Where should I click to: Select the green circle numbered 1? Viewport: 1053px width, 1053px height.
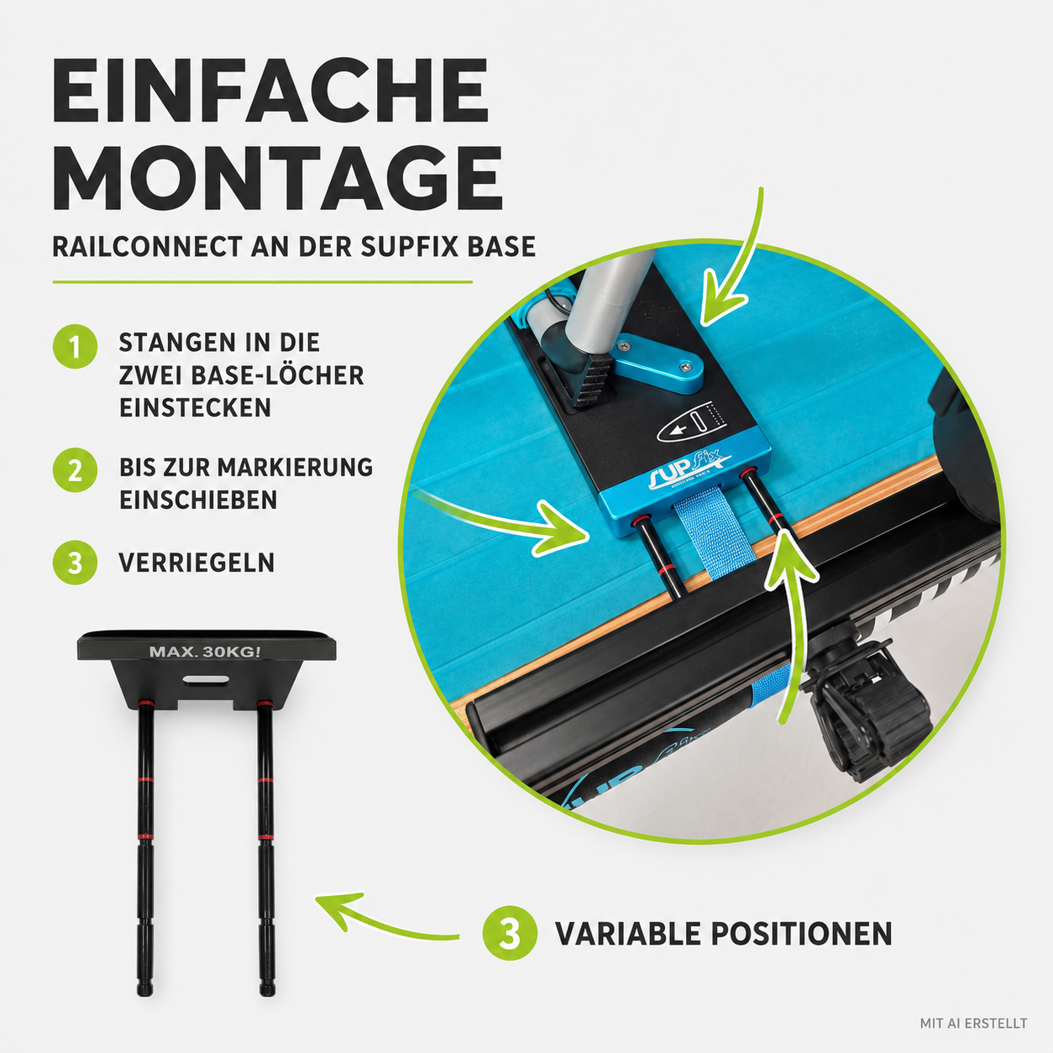[75, 347]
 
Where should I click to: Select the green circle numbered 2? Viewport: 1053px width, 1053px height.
[75, 470]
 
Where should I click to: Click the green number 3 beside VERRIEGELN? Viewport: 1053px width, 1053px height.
[75, 563]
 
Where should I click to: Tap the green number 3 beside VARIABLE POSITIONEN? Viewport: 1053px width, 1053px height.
[510, 933]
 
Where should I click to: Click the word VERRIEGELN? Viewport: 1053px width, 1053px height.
[196, 563]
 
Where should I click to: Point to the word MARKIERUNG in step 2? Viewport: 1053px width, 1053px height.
[295, 468]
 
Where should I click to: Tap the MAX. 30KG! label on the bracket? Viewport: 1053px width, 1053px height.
[205, 652]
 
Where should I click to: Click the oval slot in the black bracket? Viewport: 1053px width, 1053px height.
[206, 679]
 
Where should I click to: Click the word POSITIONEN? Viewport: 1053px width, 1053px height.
[802, 933]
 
